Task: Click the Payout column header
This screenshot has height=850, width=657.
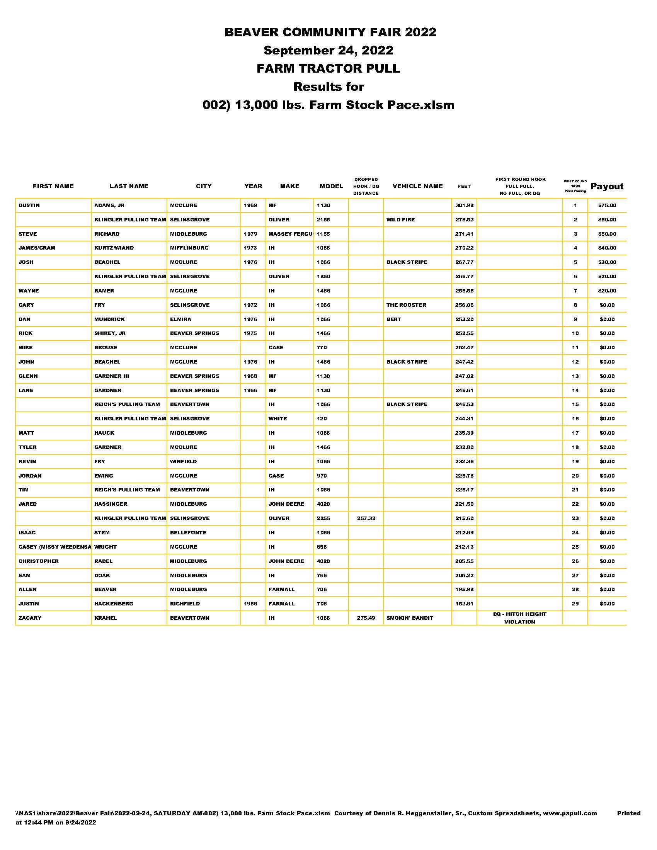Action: [607, 187]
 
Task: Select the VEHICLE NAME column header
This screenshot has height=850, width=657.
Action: [418, 186]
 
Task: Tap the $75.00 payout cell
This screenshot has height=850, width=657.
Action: [607, 206]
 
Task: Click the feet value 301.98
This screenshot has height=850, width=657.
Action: [464, 206]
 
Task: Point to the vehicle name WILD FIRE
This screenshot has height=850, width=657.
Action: [400, 220]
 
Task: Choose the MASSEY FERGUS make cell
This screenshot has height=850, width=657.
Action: [290, 234]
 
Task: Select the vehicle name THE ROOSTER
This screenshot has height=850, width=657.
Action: [406, 305]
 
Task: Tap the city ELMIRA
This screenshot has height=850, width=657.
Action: [180, 320]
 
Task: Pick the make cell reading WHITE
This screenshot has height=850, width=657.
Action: [277, 419]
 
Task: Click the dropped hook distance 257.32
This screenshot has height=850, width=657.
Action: [366, 518]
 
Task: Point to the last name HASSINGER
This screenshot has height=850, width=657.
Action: [111, 504]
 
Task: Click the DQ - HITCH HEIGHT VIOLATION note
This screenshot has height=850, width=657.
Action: [519, 618]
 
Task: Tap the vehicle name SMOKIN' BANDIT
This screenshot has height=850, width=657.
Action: [409, 618]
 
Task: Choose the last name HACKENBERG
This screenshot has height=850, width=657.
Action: [114, 604]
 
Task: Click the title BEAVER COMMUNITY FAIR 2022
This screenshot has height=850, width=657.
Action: [330, 32]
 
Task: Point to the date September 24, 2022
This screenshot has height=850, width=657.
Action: [328, 50]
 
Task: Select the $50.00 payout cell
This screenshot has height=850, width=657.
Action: [607, 234]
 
